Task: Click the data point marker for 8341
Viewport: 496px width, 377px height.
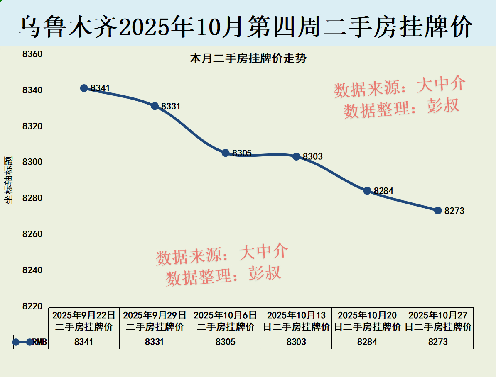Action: (x=84, y=88)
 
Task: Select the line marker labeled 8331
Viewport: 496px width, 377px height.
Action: (x=155, y=106)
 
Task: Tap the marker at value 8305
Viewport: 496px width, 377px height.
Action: (x=226, y=153)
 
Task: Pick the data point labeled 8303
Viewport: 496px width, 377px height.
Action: (x=296, y=156)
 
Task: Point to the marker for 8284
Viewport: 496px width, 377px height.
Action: (x=367, y=191)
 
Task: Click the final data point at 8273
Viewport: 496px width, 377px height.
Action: (x=438, y=210)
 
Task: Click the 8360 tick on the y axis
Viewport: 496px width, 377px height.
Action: (x=32, y=54)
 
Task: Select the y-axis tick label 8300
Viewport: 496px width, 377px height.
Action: (x=32, y=162)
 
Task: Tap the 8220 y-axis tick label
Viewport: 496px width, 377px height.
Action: (x=32, y=306)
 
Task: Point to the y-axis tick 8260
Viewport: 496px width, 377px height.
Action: (x=32, y=234)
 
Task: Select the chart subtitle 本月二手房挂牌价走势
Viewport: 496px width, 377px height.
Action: (x=248, y=58)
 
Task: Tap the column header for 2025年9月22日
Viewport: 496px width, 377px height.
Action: (x=84, y=321)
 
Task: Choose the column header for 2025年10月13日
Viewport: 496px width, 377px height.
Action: (x=296, y=321)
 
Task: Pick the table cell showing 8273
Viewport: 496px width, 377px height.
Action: (x=438, y=342)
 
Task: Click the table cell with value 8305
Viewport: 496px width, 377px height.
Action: (x=226, y=342)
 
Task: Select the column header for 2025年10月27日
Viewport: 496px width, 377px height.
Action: (x=438, y=321)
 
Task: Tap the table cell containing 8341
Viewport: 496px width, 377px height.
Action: (x=84, y=342)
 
